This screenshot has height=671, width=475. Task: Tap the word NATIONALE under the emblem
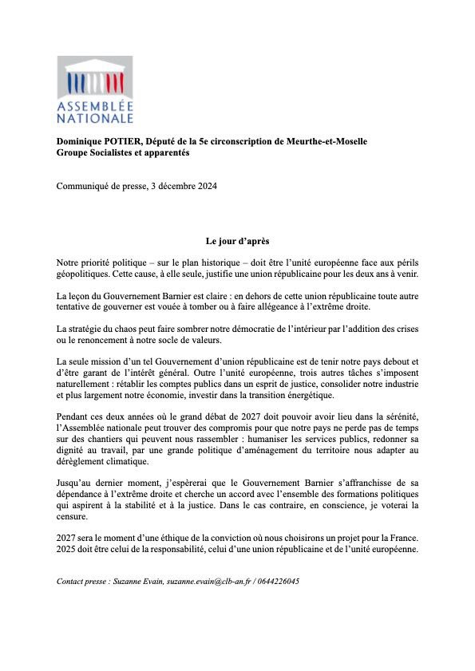(x=95, y=119)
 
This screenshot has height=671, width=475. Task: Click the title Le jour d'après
(x=237, y=241)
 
